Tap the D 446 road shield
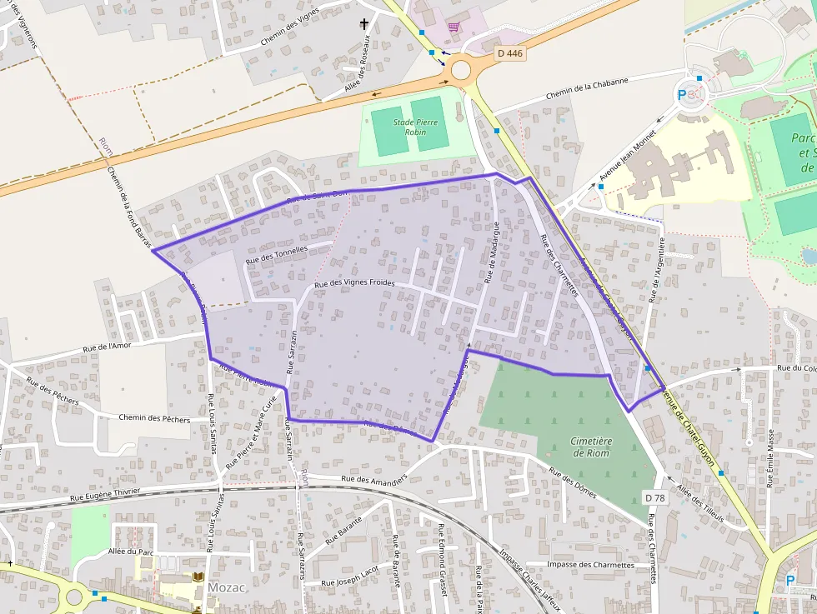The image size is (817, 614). [509, 53]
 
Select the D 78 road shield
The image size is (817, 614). [654, 497]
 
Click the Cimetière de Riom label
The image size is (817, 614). [591, 447]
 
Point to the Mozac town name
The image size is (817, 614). [226, 587]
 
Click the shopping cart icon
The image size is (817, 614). [453, 27]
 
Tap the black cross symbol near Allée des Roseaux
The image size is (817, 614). [363, 25]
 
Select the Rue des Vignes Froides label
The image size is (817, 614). [354, 284]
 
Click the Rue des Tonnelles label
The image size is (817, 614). [277, 255]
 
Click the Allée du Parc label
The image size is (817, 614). [131, 552]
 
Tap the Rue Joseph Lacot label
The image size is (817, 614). [349, 576]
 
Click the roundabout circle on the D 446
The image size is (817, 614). [461, 70]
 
